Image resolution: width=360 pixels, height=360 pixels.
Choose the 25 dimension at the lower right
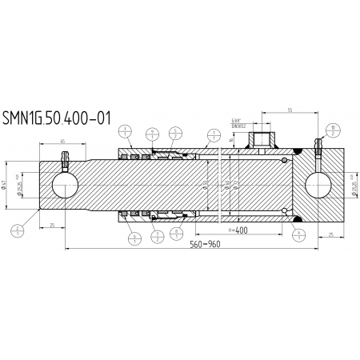click(x=331, y=234)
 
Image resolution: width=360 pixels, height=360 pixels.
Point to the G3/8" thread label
click(x=238, y=119)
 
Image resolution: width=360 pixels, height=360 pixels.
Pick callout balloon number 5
click(x=174, y=131)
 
